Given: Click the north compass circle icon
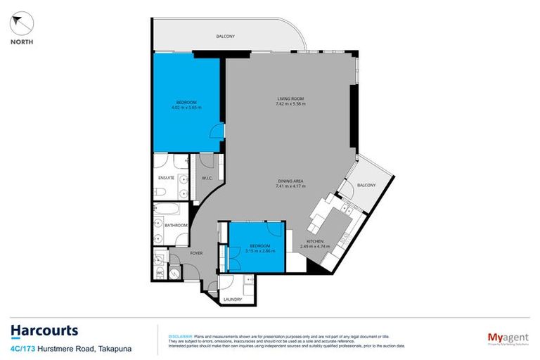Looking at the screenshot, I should pyautogui.click(x=21, y=23).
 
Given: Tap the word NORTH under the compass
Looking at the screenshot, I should pyautogui.click(x=21, y=41).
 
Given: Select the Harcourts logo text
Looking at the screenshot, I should pyautogui.click(x=44, y=330).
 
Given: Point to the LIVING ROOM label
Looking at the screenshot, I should pyautogui.click(x=290, y=98).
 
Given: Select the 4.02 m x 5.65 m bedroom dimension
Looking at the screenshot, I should pyautogui.click(x=186, y=108).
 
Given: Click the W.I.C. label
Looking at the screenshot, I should pyautogui.click(x=207, y=177).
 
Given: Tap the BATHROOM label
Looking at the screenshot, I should pyautogui.click(x=176, y=225).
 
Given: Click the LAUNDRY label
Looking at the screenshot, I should pyautogui.click(x=233, y=300).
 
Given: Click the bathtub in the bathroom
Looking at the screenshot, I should pyautogui.click(x=168, y=210).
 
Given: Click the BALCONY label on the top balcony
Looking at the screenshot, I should pyautogui.click(x=225, y=36).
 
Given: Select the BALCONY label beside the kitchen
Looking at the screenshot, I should pyautogui.click(x=366, y=185).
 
